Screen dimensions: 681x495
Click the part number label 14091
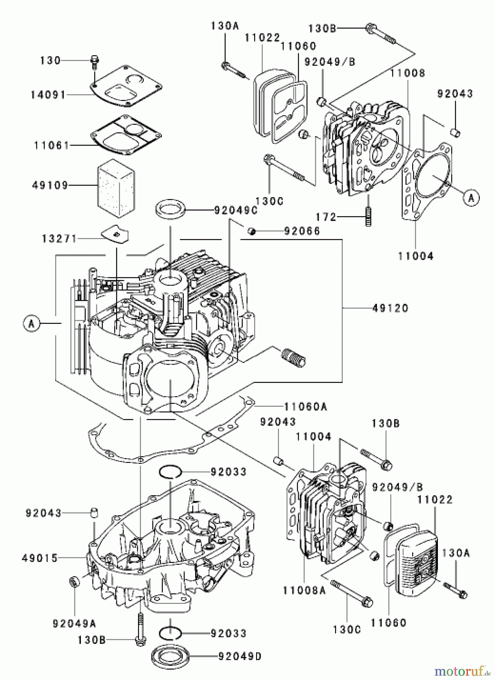pos(48,95)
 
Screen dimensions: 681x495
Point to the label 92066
pos(302,231)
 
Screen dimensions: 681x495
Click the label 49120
pos(390,308)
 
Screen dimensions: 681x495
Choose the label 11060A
pos(306,407)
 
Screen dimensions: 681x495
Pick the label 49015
pos(40,558)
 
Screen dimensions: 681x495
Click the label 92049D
pos(240,656)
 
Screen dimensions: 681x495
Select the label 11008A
pos(304,590)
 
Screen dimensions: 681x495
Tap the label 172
pos(326,217)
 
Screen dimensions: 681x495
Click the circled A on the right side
pos(471,197)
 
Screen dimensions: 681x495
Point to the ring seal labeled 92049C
pos(171,210)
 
